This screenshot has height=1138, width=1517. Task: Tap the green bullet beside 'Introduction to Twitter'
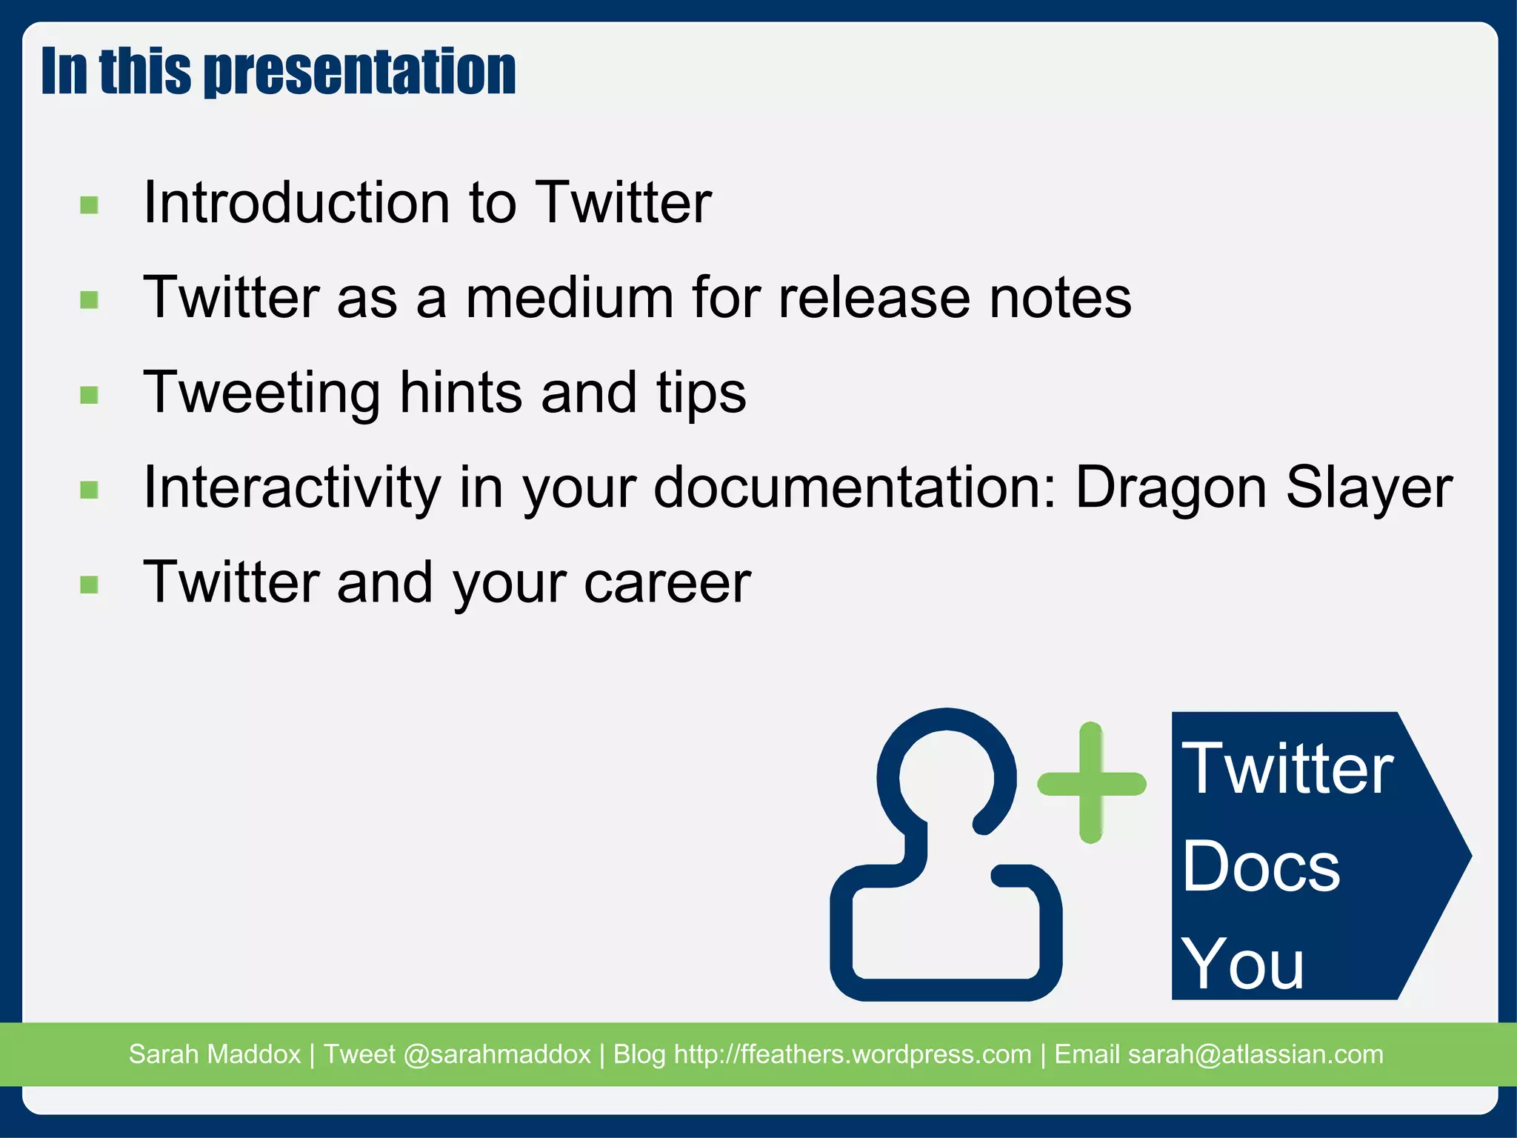pos(90,204)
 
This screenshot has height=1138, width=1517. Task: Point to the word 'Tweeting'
pos(261,393)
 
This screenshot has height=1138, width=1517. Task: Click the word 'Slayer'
pos(1369,489)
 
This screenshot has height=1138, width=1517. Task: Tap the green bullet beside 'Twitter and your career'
pos(90,585)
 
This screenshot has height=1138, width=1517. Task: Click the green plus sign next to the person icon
pos(1091,782)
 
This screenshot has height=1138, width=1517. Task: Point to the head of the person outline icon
pos(946,774)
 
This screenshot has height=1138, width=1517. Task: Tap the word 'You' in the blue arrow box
pos(1242,963)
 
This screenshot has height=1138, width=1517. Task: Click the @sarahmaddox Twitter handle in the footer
pos(496,1054)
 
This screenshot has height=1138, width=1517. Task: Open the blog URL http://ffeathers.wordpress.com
pos(852,1054)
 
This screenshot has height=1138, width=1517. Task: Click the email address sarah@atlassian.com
pos(1255,1054)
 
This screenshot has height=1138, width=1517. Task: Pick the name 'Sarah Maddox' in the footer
pos(215,1054)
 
